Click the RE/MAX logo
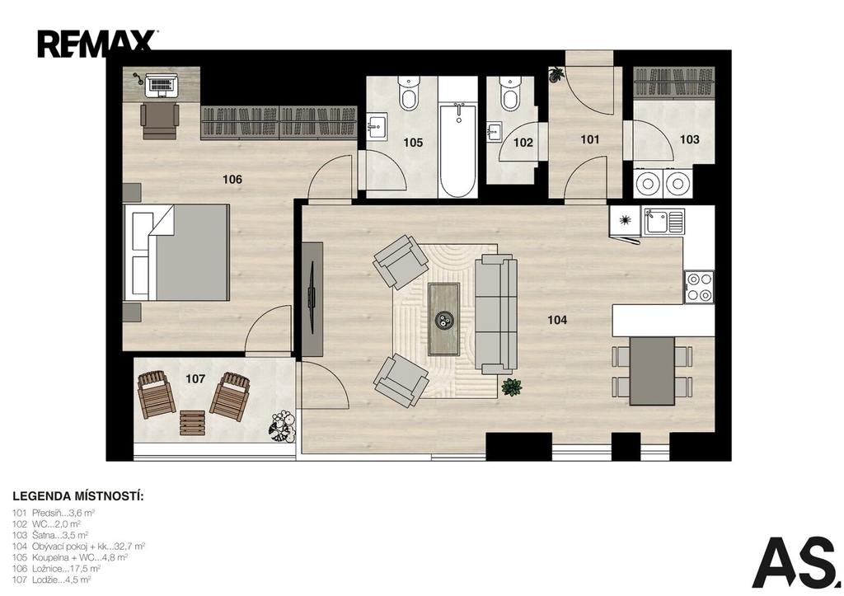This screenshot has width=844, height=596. (97, 44)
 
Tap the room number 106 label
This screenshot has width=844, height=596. (232, 179)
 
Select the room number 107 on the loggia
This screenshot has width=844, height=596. (195, 379)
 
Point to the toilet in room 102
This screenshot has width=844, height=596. (509, 92)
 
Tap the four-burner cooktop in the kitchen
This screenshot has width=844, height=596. (699, 287)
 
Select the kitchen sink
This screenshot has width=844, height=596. (665, 221)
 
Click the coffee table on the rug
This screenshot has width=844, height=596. (444, 320)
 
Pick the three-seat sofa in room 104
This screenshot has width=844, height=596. (495, 314)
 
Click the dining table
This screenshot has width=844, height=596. (653, 371)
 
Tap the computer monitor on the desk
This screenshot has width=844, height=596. (159, 84)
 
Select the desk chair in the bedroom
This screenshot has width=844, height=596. (159, 120)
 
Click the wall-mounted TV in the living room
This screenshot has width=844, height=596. (312, 299)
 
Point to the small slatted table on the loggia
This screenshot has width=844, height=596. (192, 423)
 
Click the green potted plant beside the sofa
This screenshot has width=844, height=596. (511, 387)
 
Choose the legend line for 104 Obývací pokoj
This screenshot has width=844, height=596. (79, 546)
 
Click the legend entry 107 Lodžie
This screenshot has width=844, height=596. (52, 580)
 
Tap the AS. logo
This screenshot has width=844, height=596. (796, 562)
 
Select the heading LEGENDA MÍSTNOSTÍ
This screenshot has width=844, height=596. (78, 496)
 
